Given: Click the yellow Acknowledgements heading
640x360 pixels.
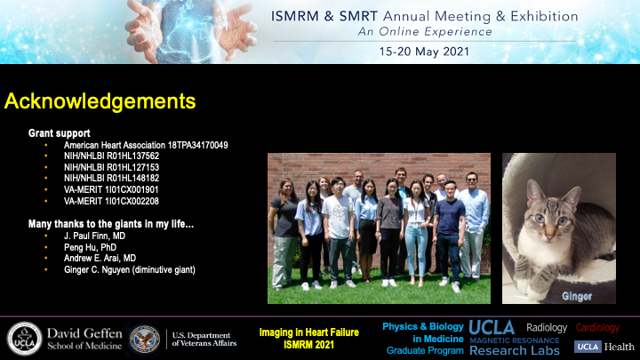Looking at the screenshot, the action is (x=100, y=101).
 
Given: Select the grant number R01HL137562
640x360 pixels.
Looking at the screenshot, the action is (x=132, y=156).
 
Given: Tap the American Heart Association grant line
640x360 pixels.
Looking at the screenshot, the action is (x=146, y=145).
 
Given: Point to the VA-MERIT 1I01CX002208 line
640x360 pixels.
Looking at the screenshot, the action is (x=111, y=201).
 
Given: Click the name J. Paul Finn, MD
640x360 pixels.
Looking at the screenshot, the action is (x=94, y=236).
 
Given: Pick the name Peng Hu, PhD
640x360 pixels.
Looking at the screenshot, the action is (x=90, y=247).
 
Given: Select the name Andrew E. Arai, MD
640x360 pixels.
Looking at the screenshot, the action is (x=100, y=258).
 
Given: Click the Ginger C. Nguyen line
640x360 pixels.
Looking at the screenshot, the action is (x=130, y=270).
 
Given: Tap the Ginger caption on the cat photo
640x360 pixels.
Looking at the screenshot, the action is (x=577, y=296).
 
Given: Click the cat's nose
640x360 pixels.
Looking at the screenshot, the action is (x=549, y=235).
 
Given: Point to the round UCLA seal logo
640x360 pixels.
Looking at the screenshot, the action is (x=24, y=339).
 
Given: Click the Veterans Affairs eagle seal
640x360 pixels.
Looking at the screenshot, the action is (x=145, y=339).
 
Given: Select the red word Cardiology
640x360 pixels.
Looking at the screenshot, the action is (x=597, y=327).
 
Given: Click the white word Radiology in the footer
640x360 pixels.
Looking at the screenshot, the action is (x=547, y=327).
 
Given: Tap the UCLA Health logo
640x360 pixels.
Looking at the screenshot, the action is (x=604, y=347).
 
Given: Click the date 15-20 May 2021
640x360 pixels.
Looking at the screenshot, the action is (x=424, y=52).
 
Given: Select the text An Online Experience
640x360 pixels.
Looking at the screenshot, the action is (x=425, y=32).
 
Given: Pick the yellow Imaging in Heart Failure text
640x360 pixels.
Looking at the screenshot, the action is (x=309, y=332).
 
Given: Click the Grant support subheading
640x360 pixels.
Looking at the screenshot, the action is (x=60, y=133).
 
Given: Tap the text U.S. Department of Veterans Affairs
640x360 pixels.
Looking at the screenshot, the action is (x=204, y=340).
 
